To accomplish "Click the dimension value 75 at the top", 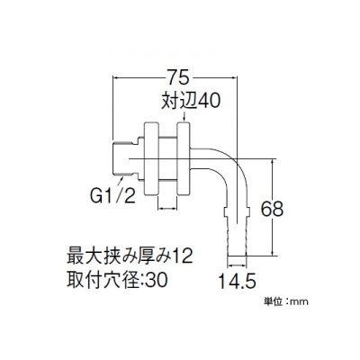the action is pyautogui.click(x=178, y=78).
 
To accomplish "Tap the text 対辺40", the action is pyautogui.click(x=191, y=101).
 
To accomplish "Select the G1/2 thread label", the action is pyautogui.click(x=112, y=195).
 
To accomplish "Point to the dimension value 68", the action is pyautogui.click(x=272, y=209).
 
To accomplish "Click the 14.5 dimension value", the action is pyautogui.click(x=237, y=282).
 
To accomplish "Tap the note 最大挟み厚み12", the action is pyautogui.click(x=130, y=256).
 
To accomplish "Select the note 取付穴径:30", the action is pyautogui.click(x=117, y=280).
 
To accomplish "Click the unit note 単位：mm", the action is pyautogui.click(x=285, y=301).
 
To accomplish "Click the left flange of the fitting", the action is pyautogui.click(x=151, y=158).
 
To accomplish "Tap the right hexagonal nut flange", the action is pyautogui.click(x=184, y=158).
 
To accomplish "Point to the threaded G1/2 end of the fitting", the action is pyautogui.click(x=125, y=158).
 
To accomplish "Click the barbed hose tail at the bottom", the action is pyautogui.click(x=237, y=232).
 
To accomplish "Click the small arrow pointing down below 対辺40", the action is pyautogui.click(x=184, y=117).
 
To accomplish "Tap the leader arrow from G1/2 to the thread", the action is pyautogui.click(x=120, y=182).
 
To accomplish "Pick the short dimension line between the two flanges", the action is pyautogui.click(x=167, y=208).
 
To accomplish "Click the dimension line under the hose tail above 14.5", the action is pyautogui.click(x=237, y=265).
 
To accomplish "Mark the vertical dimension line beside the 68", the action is pyautogui.click(x=273, y=207).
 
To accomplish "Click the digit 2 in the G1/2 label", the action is pyautogui.click(x=130, y=195).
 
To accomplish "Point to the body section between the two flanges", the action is pyautogui.click(x=167, y=158).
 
